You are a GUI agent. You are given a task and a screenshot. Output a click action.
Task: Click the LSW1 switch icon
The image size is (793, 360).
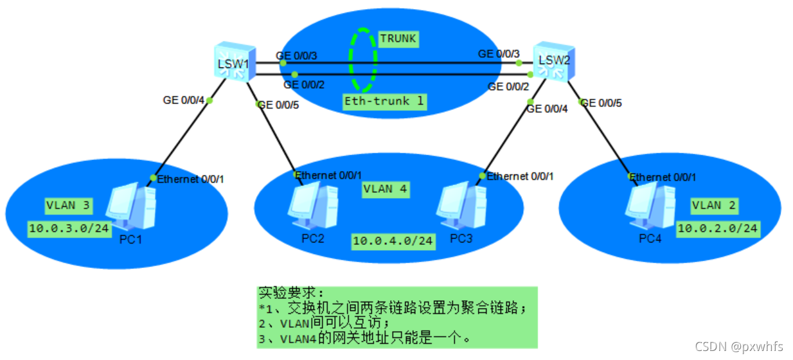(x=235, y=61)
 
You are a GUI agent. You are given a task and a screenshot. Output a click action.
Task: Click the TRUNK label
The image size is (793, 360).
(x=398, y=39)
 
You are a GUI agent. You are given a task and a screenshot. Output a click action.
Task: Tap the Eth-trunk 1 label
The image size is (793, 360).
(x=384, y=101)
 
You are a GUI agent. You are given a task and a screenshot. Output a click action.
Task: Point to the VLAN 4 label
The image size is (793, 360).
(x=385, y=189)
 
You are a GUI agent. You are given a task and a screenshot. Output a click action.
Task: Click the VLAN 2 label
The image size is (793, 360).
(x=714, y=206)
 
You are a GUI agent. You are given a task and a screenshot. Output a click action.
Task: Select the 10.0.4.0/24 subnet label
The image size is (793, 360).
(x=393, y=241)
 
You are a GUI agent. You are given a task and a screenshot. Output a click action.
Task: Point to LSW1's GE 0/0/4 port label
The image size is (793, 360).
(x=183, y=100)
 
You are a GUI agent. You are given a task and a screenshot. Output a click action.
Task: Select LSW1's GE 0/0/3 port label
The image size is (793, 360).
(x=298, y=56)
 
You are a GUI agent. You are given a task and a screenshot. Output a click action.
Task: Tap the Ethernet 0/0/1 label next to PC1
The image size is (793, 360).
(x=190, y=179)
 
